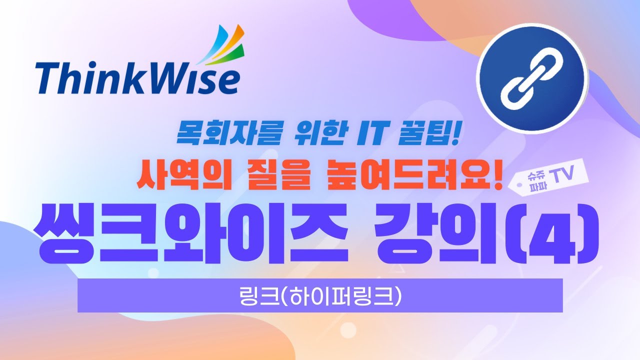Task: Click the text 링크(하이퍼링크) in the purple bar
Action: point(320,295)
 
